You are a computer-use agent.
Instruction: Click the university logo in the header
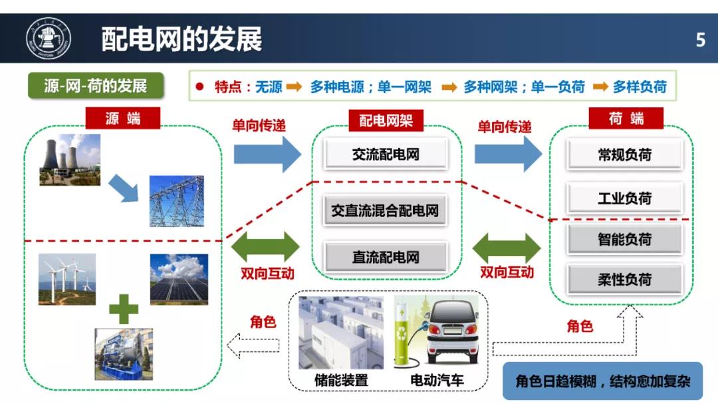pyautogui.click(x=49, y=39)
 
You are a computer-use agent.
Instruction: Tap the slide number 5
pyautogui.click(x=700, y=41)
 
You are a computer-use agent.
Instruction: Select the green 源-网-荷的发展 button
pyautogui.click(x=96, y=86)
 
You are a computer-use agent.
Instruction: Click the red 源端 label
pyautogui.click(x=123, y=118)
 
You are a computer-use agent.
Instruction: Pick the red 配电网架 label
pyautogui.click(x=386, y=120)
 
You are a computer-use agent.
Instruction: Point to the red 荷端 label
pyautogui.click(x=626, y=118)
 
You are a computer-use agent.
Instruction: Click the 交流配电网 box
pyautogui.click(x=386, y=154)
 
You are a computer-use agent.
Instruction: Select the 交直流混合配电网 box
pyautogui.click(x=385, y=211)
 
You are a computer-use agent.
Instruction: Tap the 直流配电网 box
pyautogui.click(x=386, y=258)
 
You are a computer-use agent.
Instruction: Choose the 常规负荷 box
pyautogui.click(x=624, y=155)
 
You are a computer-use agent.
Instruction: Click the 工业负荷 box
pyautogui.click(x=624, y=198)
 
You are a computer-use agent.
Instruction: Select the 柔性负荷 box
pyautogui.click(x=624, y=280)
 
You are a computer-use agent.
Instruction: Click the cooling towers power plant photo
pyautogui.click(x=70, y=160)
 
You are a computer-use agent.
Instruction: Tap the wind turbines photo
pyautogui.click(x=67, y=280)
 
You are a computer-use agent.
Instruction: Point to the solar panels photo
pyautogui.click(x=179, y=280)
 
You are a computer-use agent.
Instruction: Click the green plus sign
pyautogui.click(x=124, y=309)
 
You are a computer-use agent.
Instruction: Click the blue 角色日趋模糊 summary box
pyautogui.click(x=602, y=381)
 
